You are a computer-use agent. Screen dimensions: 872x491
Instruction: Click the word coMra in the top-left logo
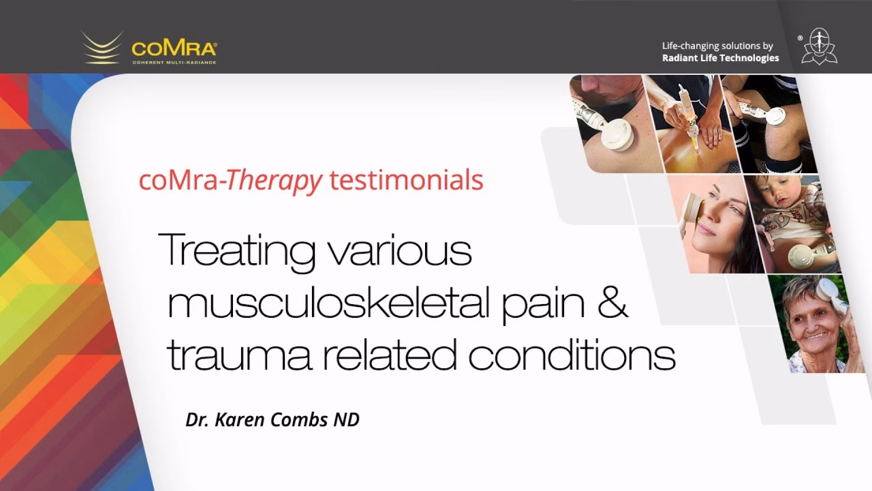tap(174, 48)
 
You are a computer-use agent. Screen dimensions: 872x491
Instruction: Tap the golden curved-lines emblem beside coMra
tap(102, 48)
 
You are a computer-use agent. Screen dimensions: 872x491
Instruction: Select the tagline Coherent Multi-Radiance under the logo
tap(174, 62)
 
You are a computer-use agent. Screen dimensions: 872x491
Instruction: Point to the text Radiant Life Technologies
tap(721, 58)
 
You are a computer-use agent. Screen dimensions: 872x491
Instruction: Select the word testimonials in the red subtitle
tap(407, 180)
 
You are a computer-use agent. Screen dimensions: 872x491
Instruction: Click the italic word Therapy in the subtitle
tap(274, 182)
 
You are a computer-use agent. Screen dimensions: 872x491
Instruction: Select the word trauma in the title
tap(240, 355)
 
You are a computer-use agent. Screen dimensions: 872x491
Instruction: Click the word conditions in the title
tap(572, 354)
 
